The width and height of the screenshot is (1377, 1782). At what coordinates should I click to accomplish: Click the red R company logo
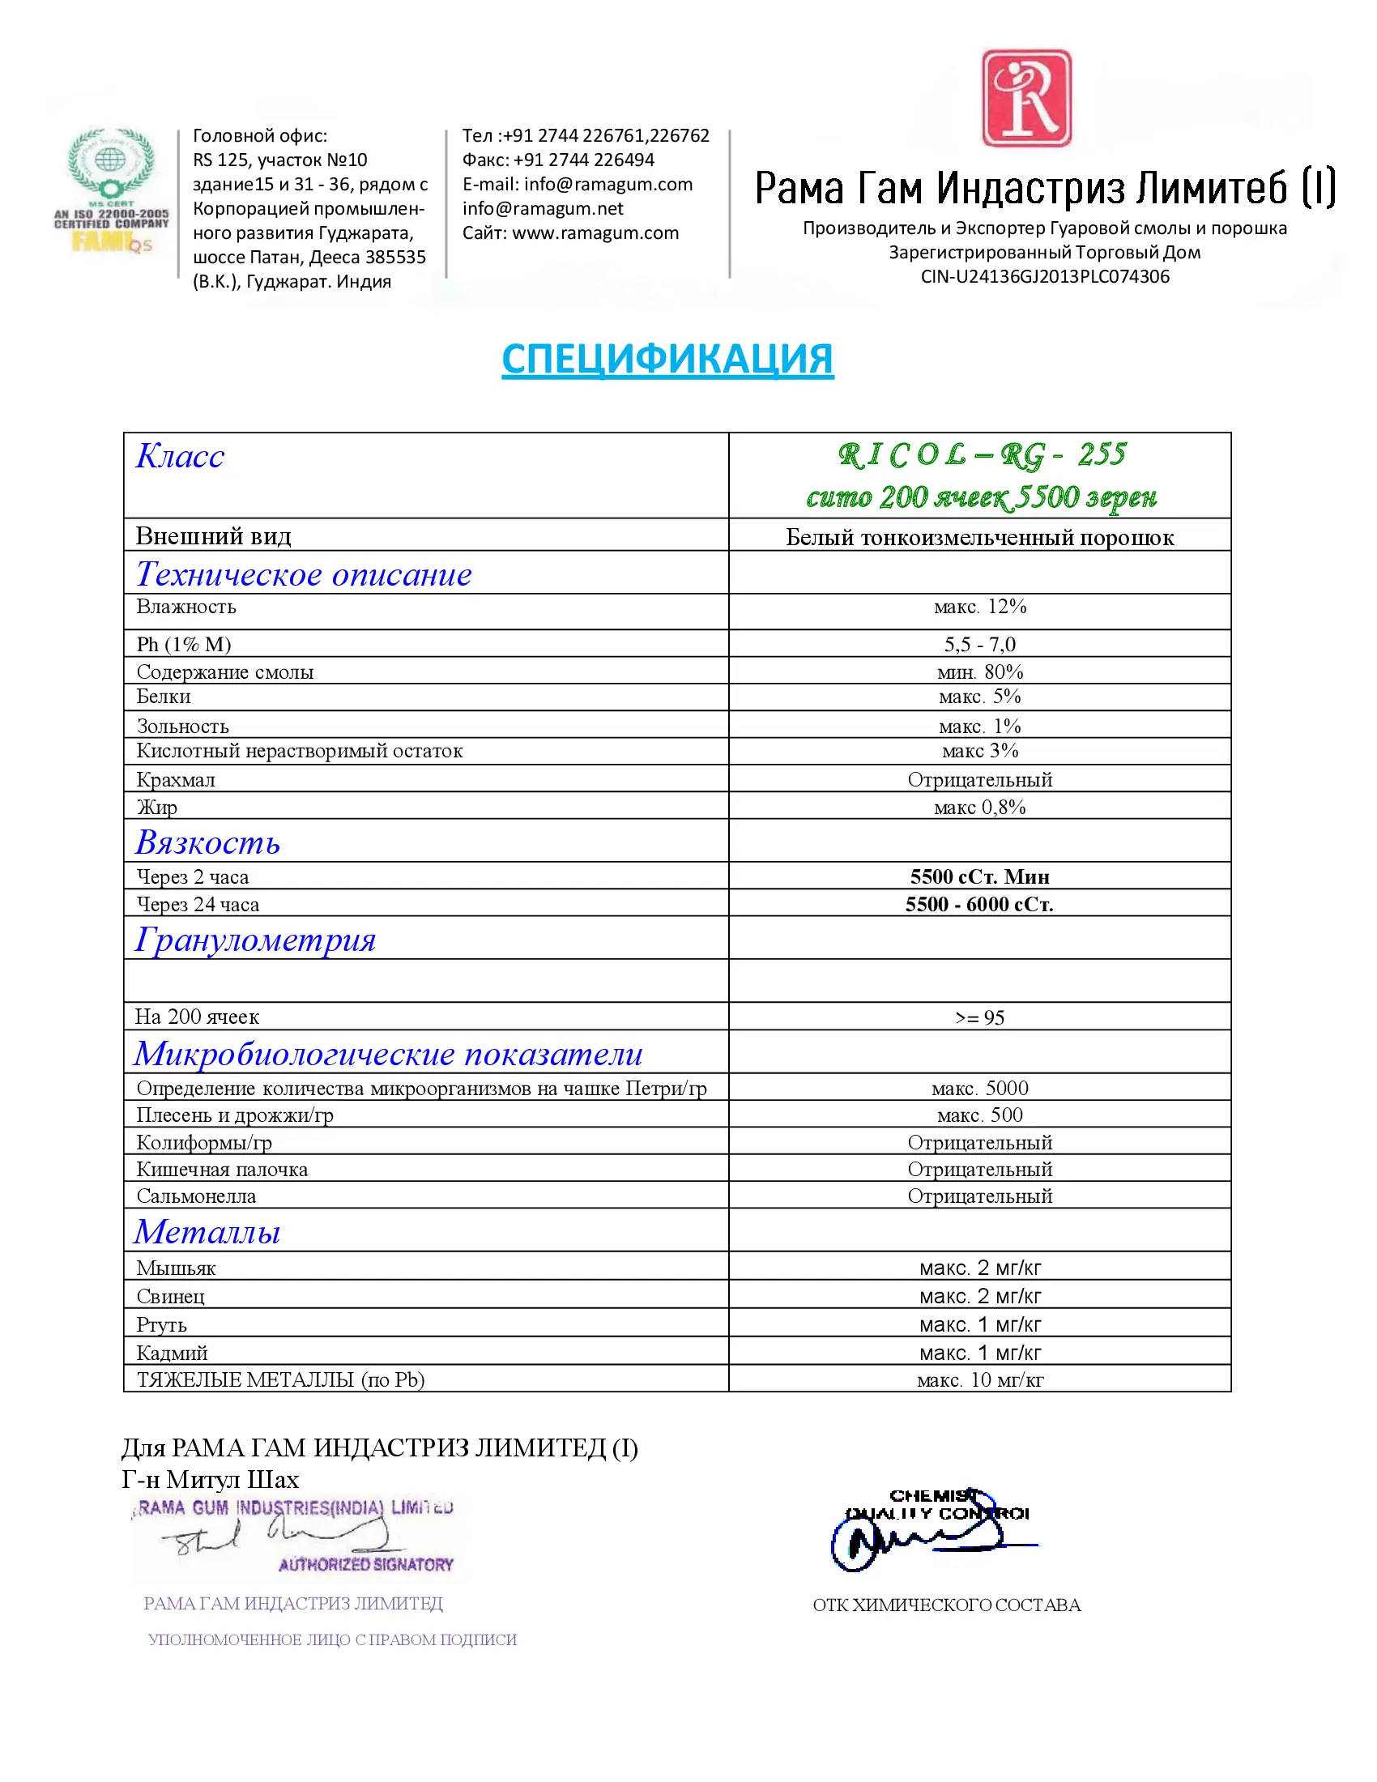1025,99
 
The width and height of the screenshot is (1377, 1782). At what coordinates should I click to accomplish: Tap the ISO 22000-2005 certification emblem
111,190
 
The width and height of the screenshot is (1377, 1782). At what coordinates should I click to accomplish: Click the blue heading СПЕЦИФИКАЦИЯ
667,359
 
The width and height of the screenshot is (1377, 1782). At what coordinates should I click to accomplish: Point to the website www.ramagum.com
595,233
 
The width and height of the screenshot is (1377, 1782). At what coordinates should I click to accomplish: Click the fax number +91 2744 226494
583,160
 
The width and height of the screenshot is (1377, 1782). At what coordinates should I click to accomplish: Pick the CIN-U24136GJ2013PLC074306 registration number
1044,276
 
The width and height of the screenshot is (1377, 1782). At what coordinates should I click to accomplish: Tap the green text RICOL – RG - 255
982,455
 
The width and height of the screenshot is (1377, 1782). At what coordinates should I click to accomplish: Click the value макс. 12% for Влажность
980,607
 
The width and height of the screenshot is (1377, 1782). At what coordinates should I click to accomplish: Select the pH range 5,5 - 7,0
980,645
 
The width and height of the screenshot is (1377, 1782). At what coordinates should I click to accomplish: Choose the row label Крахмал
177,780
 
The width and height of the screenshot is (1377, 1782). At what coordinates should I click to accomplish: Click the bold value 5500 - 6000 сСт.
979,904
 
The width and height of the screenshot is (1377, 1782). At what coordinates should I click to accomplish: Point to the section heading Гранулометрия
255,940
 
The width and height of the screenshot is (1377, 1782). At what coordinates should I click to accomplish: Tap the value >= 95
980,1017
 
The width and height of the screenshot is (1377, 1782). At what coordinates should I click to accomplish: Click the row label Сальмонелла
196,1196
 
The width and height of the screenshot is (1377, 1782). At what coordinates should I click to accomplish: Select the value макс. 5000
980,1089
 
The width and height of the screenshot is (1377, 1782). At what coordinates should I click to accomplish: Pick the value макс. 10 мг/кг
980,1379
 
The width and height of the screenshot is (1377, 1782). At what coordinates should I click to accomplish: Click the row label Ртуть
161,1325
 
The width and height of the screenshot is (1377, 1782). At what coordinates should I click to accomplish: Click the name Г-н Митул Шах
211,1479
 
